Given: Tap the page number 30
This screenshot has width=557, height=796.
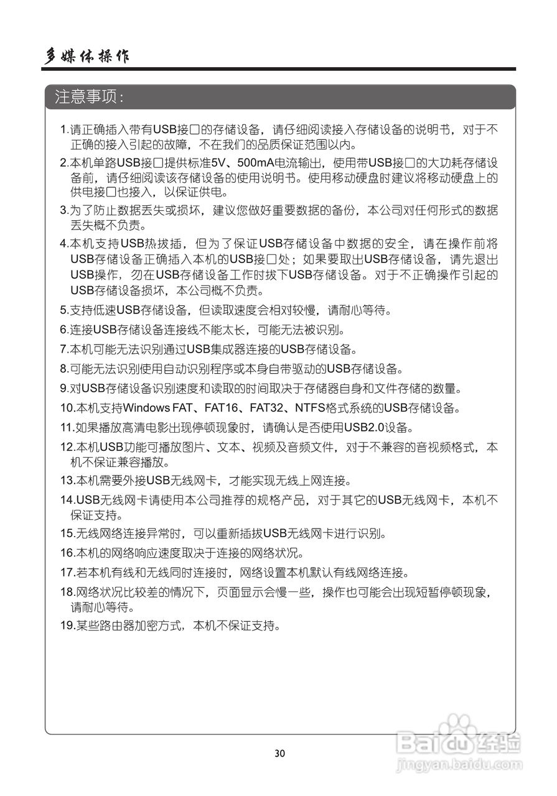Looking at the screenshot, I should [279, 754].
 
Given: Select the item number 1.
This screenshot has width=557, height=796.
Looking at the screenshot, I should [63, 130].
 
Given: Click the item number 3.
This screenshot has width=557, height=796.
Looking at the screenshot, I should [63, 210].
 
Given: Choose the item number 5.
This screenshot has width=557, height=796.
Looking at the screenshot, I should [63, 310].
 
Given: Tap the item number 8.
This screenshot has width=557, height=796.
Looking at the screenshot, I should [63, 369].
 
